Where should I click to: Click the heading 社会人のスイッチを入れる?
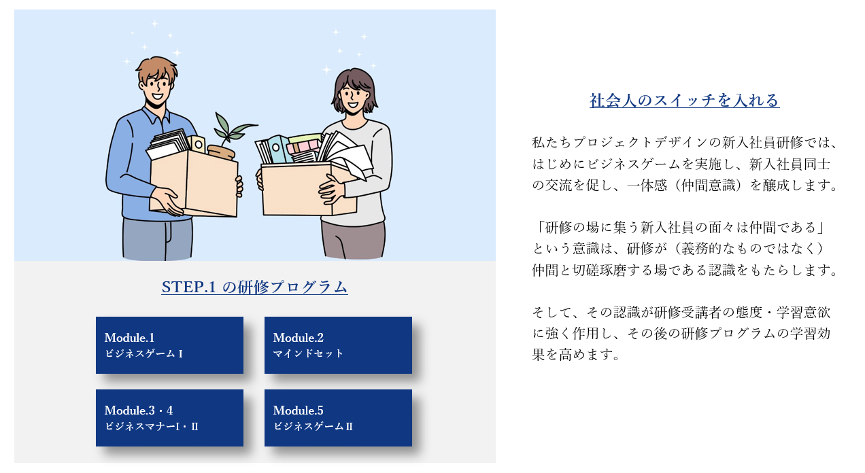684,101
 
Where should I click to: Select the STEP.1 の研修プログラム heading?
254,287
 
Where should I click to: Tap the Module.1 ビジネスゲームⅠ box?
169,345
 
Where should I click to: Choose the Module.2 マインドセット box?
338,345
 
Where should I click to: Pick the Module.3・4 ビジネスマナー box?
169,418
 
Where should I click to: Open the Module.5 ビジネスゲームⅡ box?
338,418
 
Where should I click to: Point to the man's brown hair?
156,69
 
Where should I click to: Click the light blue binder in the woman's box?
279,149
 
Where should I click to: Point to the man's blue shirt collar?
154,115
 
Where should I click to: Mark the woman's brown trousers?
353,240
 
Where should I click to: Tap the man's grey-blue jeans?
158,239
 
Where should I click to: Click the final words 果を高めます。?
576,355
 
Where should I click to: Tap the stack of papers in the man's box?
169,143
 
